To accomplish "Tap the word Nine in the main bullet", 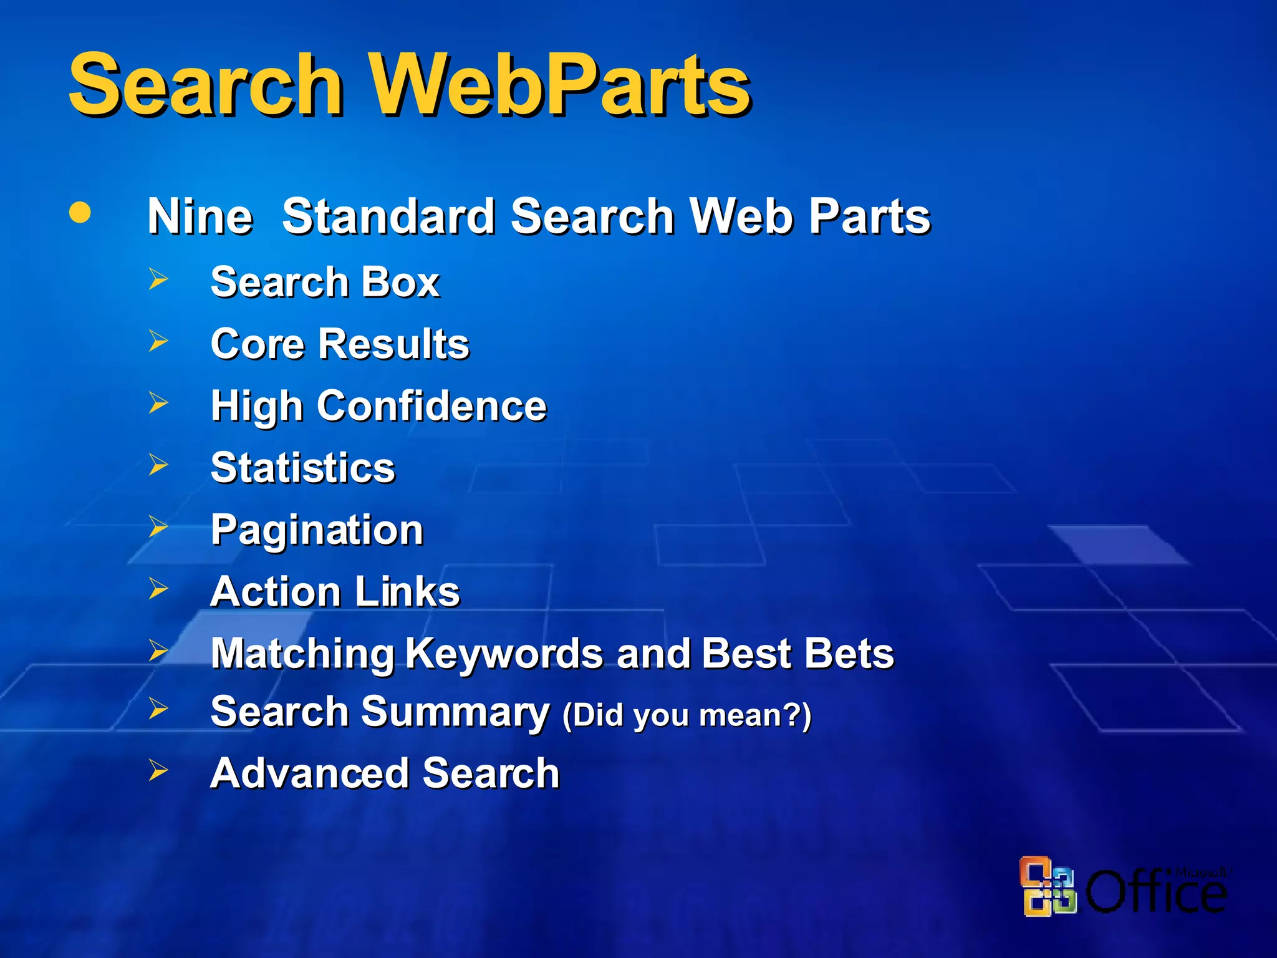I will tap(200, 216).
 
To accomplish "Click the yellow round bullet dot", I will tap(80, 212).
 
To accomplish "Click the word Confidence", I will tap(431, 406).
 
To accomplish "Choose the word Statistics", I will tap(303, 468).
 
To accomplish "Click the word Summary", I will tap(455, 712).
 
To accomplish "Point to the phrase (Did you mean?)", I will tap(687, 715).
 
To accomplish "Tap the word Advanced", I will tap(309, 773).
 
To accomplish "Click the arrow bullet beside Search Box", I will tap(158, 279).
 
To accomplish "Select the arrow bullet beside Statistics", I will tap(158, 465).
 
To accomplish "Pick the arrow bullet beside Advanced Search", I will tap(158, 771).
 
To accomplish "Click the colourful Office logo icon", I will tap(1048, 886).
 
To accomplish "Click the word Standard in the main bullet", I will tap(388, 216).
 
